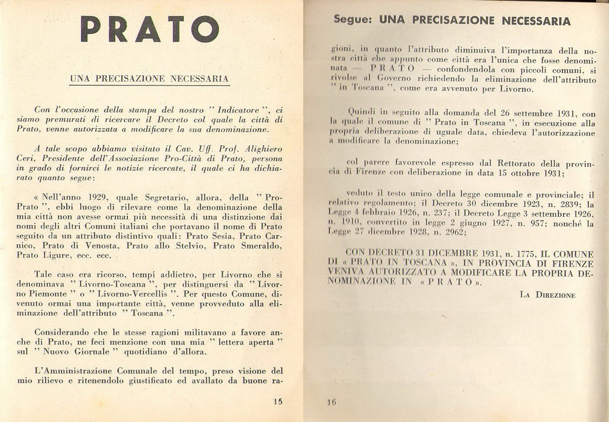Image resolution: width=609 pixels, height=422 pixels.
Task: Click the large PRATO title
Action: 149,29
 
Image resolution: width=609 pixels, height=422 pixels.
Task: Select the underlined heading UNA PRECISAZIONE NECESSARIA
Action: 149,79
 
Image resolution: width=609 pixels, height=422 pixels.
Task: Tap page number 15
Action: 278,402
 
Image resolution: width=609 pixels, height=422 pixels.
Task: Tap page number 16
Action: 331,402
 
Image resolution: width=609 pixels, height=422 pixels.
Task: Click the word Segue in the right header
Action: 352,20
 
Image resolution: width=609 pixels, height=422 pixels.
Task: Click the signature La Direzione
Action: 548,295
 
